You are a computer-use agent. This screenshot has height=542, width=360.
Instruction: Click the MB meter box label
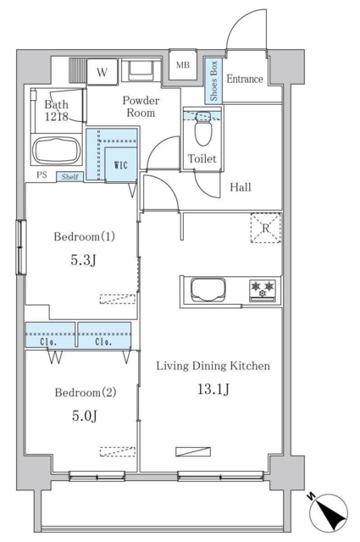(x=183, y=64)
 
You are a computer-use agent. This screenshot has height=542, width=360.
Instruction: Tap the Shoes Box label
(x=213, y=81)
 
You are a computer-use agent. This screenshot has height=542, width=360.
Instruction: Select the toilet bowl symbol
(x=203, y=129)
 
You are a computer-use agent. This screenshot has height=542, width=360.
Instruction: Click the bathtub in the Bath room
(x=56, y=151)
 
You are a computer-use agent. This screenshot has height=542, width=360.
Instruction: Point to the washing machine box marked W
(x=102, y=72)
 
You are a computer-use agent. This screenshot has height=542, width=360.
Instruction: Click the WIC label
(x=120, y=165)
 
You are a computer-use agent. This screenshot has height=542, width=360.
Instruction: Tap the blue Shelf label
(x=69, y=177)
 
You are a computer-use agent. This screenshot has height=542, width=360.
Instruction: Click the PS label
(x=42, y=175)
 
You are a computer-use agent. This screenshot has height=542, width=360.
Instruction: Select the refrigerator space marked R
(x=265, y=228)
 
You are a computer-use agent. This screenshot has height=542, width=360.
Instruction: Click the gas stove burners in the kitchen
(x=263, y=290)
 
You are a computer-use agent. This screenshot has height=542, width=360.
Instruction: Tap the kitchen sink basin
(x=208, y=290)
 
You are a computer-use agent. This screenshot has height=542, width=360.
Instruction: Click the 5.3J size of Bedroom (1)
(x=83, y=260)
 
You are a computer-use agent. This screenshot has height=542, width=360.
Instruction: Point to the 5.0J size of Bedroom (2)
(x=85, y=416)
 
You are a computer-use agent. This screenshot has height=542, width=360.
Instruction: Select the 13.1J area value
(x=213, y=390)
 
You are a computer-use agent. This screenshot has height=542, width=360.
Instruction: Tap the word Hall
(x=241, y=187)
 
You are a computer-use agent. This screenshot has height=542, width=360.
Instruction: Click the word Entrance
(x=245, y=79)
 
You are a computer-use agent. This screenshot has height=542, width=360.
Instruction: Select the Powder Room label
(x=141, y=107)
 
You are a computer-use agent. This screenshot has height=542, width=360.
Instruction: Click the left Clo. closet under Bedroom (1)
(x=50, y=335)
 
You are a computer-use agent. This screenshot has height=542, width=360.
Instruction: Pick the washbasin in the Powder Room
(x=141, y=70)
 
